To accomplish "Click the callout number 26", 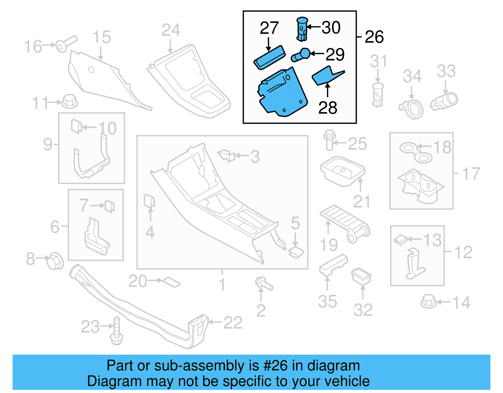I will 374,37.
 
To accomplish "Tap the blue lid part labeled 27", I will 269,57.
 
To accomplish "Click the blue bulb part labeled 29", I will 301,55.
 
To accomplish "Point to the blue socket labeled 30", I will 302,29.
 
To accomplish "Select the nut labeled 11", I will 69,101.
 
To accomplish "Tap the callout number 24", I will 171,30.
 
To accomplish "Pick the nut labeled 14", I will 428,301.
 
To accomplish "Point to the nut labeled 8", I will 55,261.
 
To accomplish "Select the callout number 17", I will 471,174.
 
